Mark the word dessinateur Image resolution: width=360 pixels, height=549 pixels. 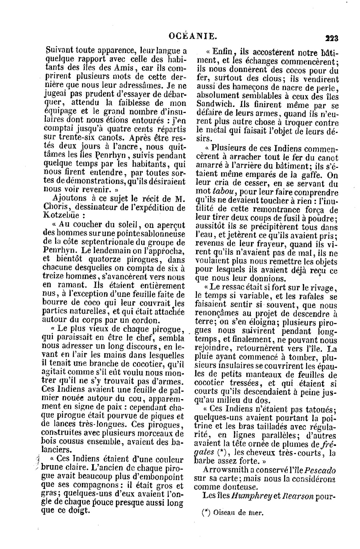pos(99,207)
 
